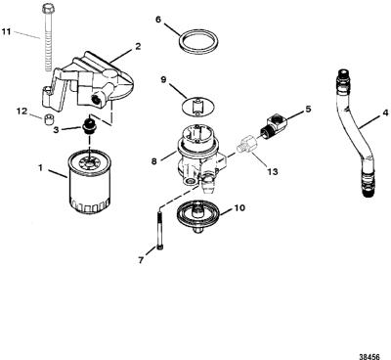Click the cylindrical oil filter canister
(90, 181)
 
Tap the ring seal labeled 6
(198, 41)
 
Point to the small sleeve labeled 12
(49, 119)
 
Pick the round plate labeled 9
(197, 108)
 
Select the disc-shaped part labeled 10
(197, 215)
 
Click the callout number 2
(138, 47)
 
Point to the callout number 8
(153, 161)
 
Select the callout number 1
(40, 168)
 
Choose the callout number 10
(239, 207)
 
